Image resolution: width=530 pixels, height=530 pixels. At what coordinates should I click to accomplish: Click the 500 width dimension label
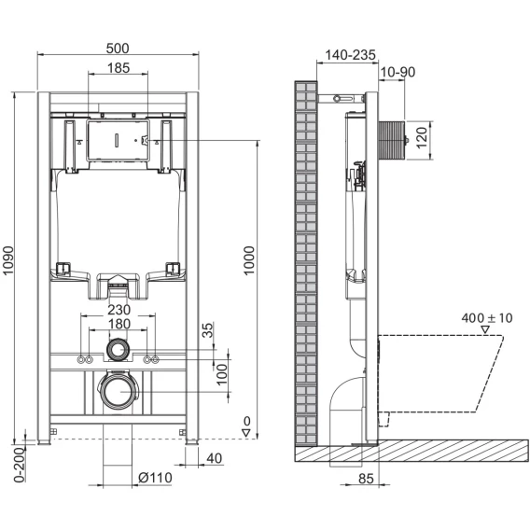[118, 49]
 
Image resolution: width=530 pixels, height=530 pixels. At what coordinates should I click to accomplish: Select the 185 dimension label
[119, 68]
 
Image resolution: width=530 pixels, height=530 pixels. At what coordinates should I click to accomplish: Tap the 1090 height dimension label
[7, 260]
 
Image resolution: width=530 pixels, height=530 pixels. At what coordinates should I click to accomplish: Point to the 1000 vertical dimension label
[249, 260]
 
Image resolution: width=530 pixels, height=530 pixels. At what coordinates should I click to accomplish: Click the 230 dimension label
[119, 310]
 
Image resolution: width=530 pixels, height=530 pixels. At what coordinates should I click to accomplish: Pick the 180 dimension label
[119, 324]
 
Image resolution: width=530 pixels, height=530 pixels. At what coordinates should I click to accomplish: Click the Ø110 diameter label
[155, 478]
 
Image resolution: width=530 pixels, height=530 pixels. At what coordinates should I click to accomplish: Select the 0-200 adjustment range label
[20, 465]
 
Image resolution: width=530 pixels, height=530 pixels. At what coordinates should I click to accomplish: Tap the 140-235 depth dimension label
[350, 55]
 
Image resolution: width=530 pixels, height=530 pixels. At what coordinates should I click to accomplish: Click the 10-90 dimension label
[397, 72]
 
